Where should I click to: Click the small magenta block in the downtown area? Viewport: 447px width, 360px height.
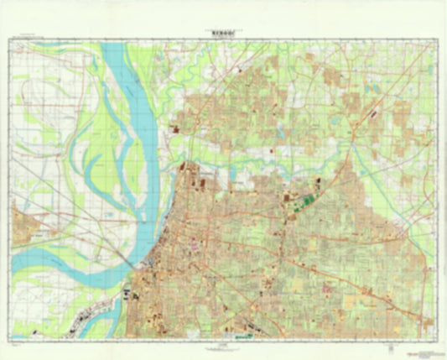[x=195, y=244]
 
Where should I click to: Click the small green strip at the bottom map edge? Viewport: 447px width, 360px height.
[x=243, y=336]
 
